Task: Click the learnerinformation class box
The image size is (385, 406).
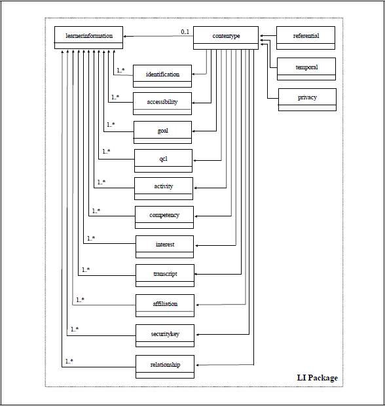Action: pos(88,37)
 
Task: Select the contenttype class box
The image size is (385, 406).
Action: pos(226,38)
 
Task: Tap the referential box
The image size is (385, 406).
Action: pos(306,38)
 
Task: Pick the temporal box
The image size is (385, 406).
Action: pos(306,69)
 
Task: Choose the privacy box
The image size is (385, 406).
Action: pos(307,99)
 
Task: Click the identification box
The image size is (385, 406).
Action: pos(162,76)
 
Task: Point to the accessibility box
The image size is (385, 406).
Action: pos(162,103)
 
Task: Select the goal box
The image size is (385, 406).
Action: pos(162,132)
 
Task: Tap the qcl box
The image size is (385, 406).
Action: pos(163,161)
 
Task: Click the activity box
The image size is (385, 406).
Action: pos(164,188)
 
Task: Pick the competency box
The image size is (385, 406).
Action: pos(164,217)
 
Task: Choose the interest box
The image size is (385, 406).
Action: pos(164,246)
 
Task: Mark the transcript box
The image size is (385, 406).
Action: pos(165,275)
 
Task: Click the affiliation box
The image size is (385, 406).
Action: pos(165,305)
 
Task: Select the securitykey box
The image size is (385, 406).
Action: pos(165,335)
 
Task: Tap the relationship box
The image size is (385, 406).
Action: pos(165,367)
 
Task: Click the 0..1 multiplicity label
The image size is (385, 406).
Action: pos(185,32)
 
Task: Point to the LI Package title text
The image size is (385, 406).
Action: pos(318,378)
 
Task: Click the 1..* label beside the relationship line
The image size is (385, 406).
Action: pos(69,361)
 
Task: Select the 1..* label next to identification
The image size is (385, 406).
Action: pos(120,70)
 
